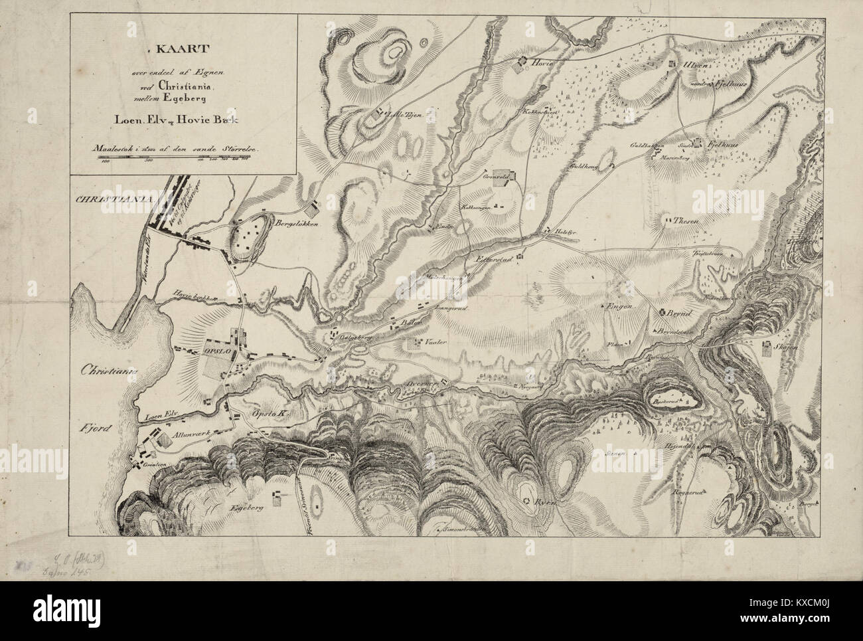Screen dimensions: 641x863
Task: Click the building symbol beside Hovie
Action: pyautogui.click(x=522, y=63)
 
